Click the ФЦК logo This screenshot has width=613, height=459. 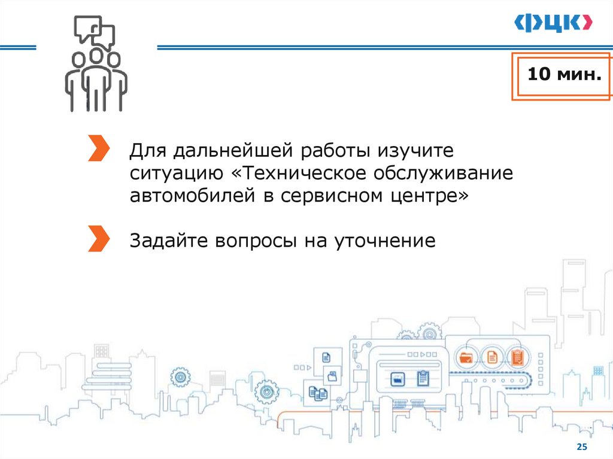(554, 23)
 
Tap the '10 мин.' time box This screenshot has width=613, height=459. (563, 76)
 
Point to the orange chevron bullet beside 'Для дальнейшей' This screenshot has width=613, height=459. (98, 148)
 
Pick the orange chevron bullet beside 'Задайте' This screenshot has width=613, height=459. (98, 238)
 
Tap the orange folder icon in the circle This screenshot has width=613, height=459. (466, 358)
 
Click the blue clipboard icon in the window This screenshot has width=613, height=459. (423, 378)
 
